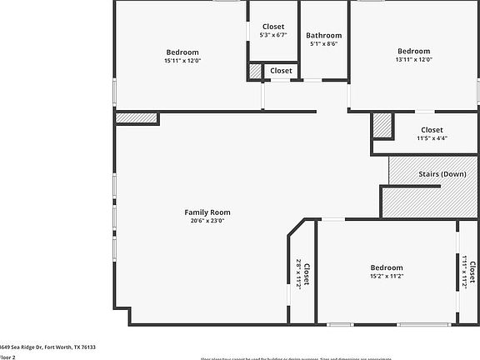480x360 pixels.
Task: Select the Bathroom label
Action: (323, 36)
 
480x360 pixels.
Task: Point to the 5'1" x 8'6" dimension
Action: (323, 45)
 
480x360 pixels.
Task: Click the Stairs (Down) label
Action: (442, 173)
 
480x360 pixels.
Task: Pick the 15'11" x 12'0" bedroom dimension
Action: (182, 61)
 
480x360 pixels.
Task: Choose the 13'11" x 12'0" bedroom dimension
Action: (413, 61)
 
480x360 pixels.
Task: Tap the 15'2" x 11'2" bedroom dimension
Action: (387, 277)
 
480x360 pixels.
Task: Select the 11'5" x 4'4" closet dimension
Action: (432, 138)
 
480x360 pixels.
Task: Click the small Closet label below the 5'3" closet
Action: (282, 71)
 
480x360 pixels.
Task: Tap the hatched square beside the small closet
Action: (255, 72)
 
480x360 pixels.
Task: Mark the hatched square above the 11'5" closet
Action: (382, 125)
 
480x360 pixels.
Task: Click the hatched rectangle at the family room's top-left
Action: (135, 118)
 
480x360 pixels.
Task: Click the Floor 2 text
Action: (7, 357)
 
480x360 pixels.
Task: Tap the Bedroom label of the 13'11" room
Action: (413, 52)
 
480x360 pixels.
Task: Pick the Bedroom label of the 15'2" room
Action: (387, 267)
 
